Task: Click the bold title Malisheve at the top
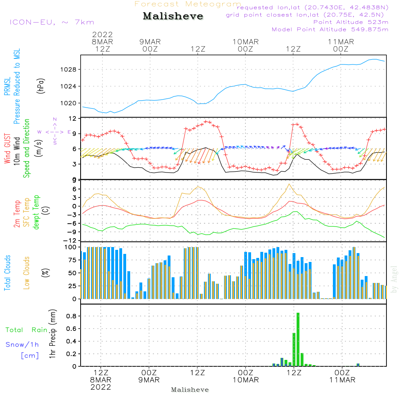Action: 173,17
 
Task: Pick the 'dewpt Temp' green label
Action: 36,212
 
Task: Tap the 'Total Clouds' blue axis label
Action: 8,273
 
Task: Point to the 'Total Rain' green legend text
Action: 27,330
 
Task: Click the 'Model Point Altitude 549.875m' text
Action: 330,29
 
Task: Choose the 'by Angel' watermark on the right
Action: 394,279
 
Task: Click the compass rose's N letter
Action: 55,119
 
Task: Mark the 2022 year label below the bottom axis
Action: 100,387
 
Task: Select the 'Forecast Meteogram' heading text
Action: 188,4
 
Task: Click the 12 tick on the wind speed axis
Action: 73,118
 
